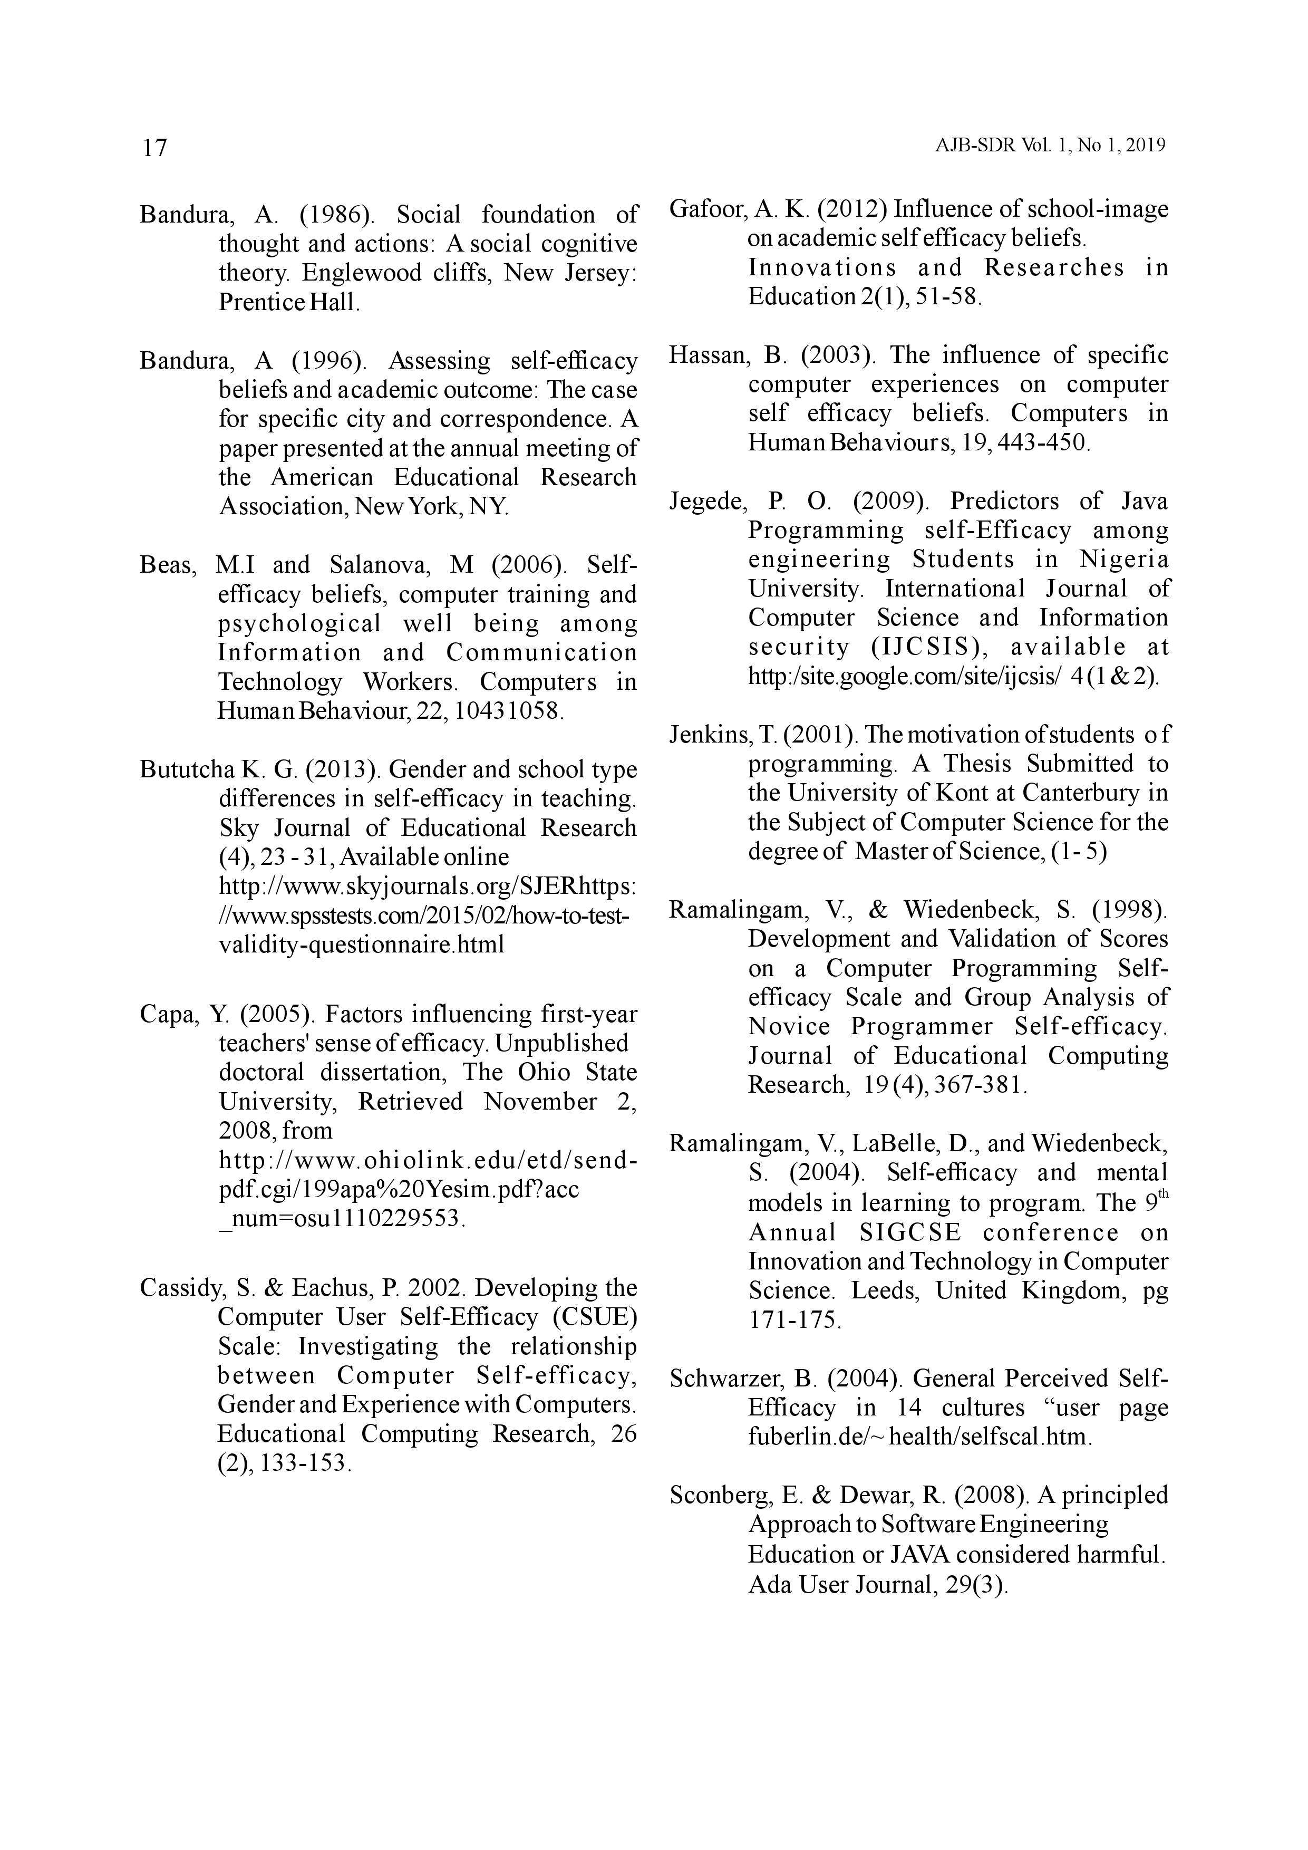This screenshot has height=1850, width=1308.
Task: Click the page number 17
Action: click(154, 148)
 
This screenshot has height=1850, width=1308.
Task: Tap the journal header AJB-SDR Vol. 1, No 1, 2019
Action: click(1050, 146)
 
